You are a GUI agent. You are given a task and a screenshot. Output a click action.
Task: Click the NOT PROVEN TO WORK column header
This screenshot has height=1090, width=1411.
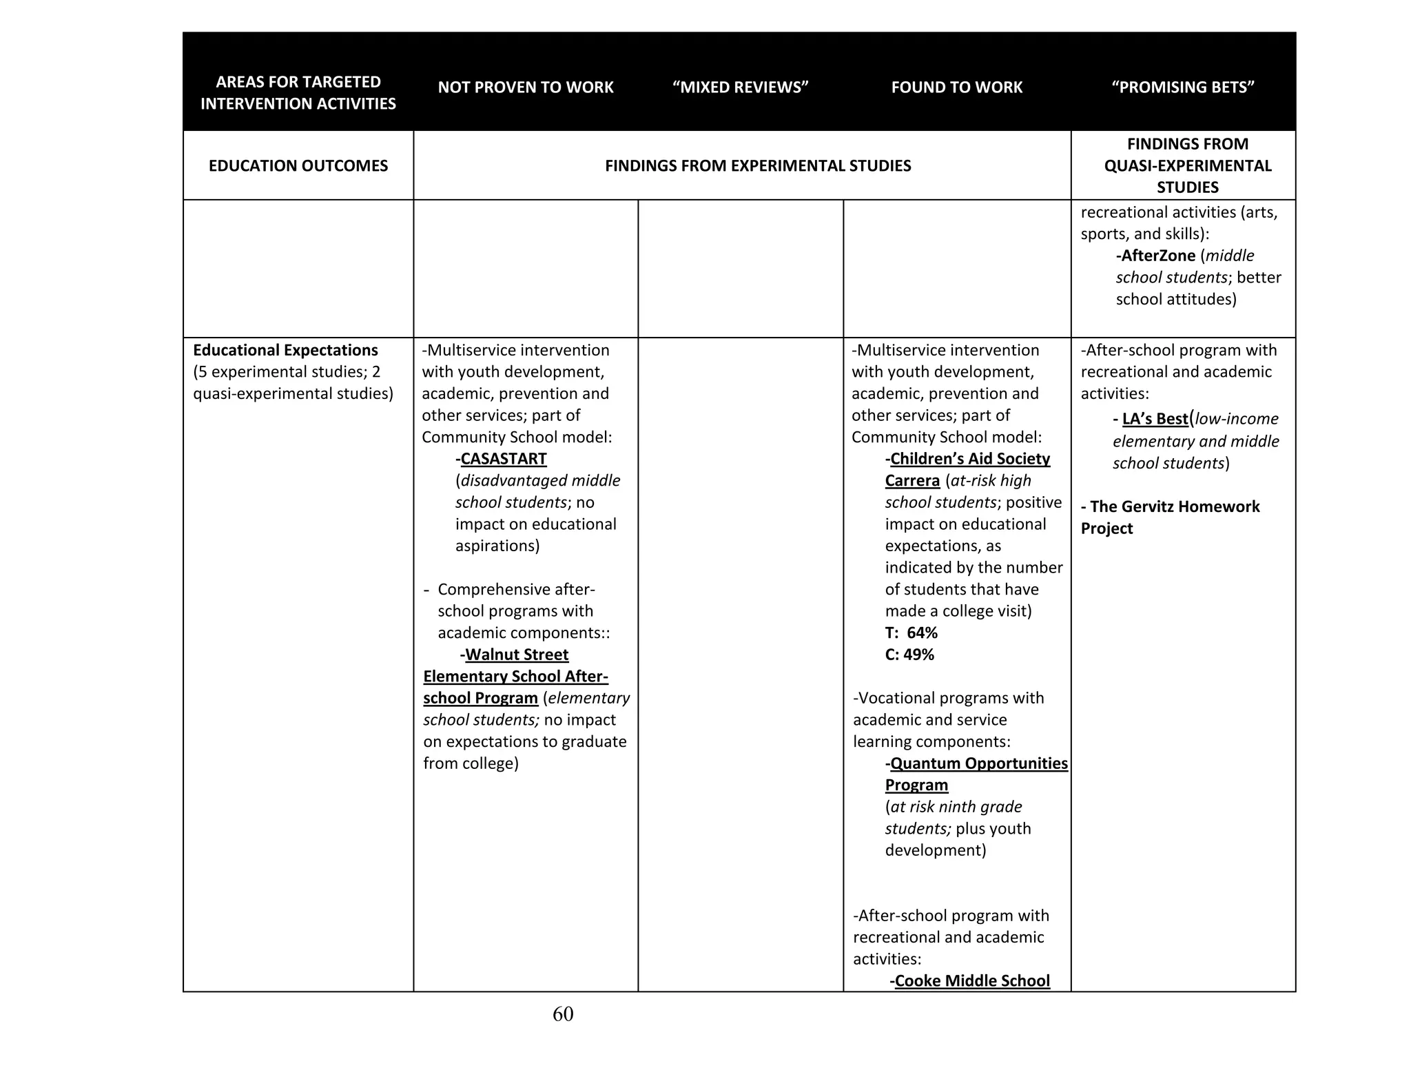click(x=525, y=88)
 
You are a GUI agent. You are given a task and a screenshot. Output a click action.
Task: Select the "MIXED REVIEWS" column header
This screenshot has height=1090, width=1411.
click(x=740, y=88)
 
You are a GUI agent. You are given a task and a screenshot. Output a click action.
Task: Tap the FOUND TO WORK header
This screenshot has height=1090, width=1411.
click(x=956, y=88)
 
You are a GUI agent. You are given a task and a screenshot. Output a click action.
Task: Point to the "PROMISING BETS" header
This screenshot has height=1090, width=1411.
click(x=1182, y=88)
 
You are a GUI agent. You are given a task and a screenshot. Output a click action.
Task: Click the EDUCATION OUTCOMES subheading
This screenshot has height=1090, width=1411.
click(x=298, y=166)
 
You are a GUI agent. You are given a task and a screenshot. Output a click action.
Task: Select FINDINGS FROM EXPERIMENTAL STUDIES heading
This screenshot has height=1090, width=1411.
click(x=758, y=166)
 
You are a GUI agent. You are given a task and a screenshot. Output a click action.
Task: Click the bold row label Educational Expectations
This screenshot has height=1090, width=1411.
click(x=285, y=350)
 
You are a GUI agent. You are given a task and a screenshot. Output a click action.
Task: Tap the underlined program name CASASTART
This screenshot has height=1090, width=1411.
click(x=503, y=459)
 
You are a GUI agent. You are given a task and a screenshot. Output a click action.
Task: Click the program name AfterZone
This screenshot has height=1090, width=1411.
click(x=1157, y=256)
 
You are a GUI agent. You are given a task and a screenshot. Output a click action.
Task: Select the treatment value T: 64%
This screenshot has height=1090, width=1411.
click(x=911, y=633)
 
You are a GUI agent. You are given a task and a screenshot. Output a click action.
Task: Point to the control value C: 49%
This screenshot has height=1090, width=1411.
click(x=909, y=655)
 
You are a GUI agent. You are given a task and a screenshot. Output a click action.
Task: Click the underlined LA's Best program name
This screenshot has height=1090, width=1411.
click(x=1155, y=419)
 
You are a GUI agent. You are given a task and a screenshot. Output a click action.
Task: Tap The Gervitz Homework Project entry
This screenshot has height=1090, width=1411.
click(x=1169, y=517)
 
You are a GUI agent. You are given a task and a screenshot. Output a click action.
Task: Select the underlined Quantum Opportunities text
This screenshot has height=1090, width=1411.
click(x=978, y=763)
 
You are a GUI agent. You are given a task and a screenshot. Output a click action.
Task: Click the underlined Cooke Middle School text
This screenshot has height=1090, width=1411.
click(x=971, y=980)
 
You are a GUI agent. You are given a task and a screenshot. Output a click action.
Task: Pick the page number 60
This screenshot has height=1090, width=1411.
click(x=563, y=1014)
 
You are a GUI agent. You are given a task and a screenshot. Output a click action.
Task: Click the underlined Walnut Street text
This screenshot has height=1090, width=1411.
click(x=517, y=655)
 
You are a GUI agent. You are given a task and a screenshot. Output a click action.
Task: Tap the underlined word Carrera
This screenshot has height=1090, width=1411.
click(x=912, y=481)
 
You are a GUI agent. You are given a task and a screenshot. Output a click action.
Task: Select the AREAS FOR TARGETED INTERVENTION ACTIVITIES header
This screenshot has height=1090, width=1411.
click(x=298, y=93)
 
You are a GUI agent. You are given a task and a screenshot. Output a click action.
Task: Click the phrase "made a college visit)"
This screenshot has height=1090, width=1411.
click(x=958, y=611)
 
